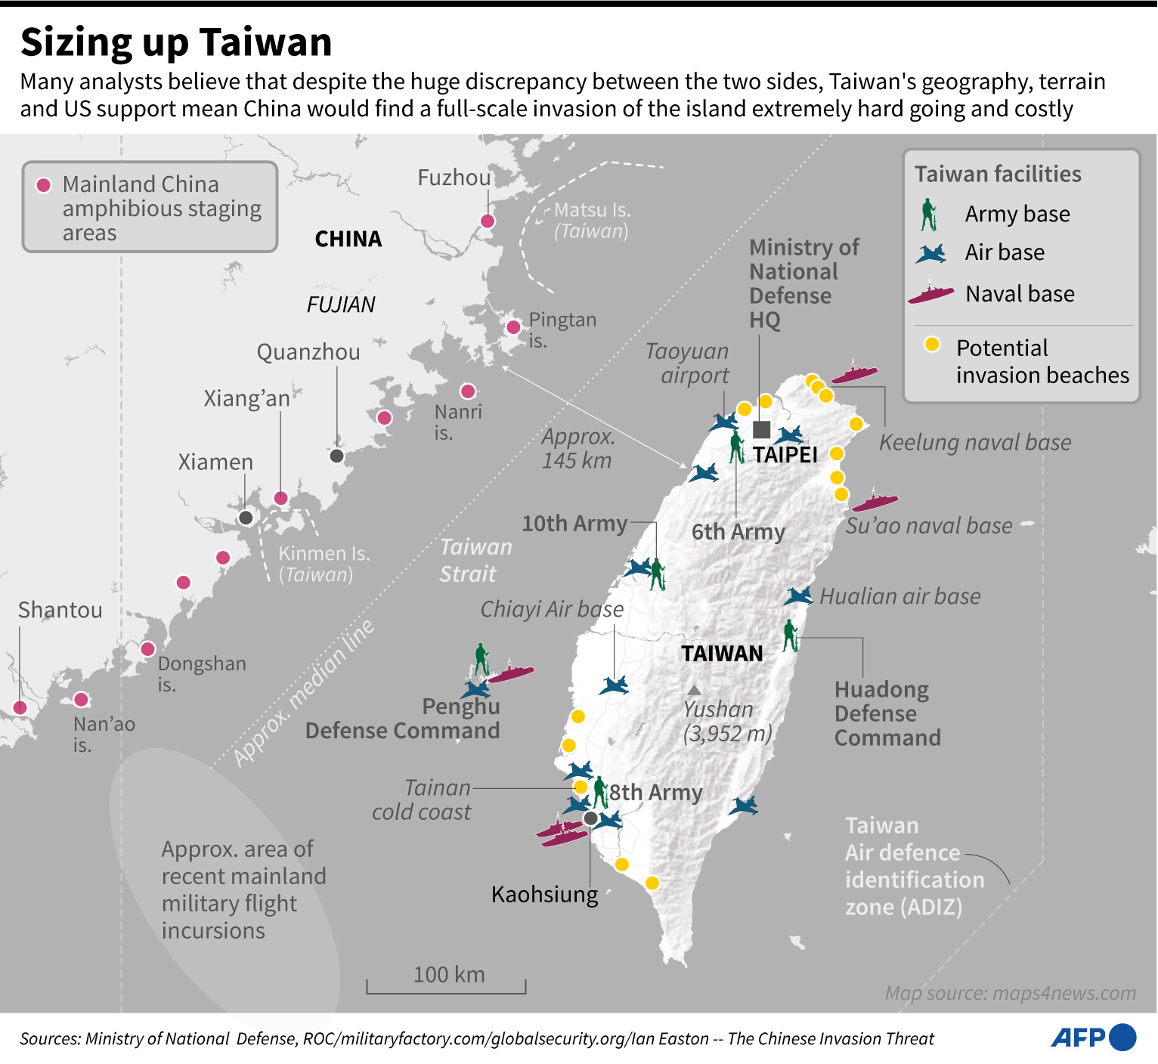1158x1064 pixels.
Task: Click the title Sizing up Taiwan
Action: coord(176,42)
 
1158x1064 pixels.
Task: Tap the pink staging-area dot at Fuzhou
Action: coord(488,221)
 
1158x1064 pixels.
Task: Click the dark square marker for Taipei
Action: coord(762,430)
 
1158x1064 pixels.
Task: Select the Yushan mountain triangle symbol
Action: coord(694,690)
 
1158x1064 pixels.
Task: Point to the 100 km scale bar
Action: coord(446,986)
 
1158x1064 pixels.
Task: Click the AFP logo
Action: coord(1093,1038)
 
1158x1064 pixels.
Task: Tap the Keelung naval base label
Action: coord(974,443)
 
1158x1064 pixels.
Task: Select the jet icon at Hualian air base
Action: coord(798,596)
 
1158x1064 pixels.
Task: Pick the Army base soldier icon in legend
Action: coord(928,215)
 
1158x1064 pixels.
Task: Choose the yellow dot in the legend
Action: coord(932,345)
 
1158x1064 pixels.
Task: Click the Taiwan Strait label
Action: coord(475,560)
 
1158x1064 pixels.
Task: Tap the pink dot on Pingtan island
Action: coord(513,327)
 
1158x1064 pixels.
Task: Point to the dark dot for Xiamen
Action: coord(246,518)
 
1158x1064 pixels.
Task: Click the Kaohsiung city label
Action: coord(544,895)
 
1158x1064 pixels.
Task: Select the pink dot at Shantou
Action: coord(20,708)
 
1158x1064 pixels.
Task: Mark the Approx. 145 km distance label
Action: coord(578,449)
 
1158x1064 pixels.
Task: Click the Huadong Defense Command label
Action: coord(887,713)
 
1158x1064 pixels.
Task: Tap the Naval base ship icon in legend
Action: coord(931,293)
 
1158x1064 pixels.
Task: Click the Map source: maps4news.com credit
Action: coord(1010,993)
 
